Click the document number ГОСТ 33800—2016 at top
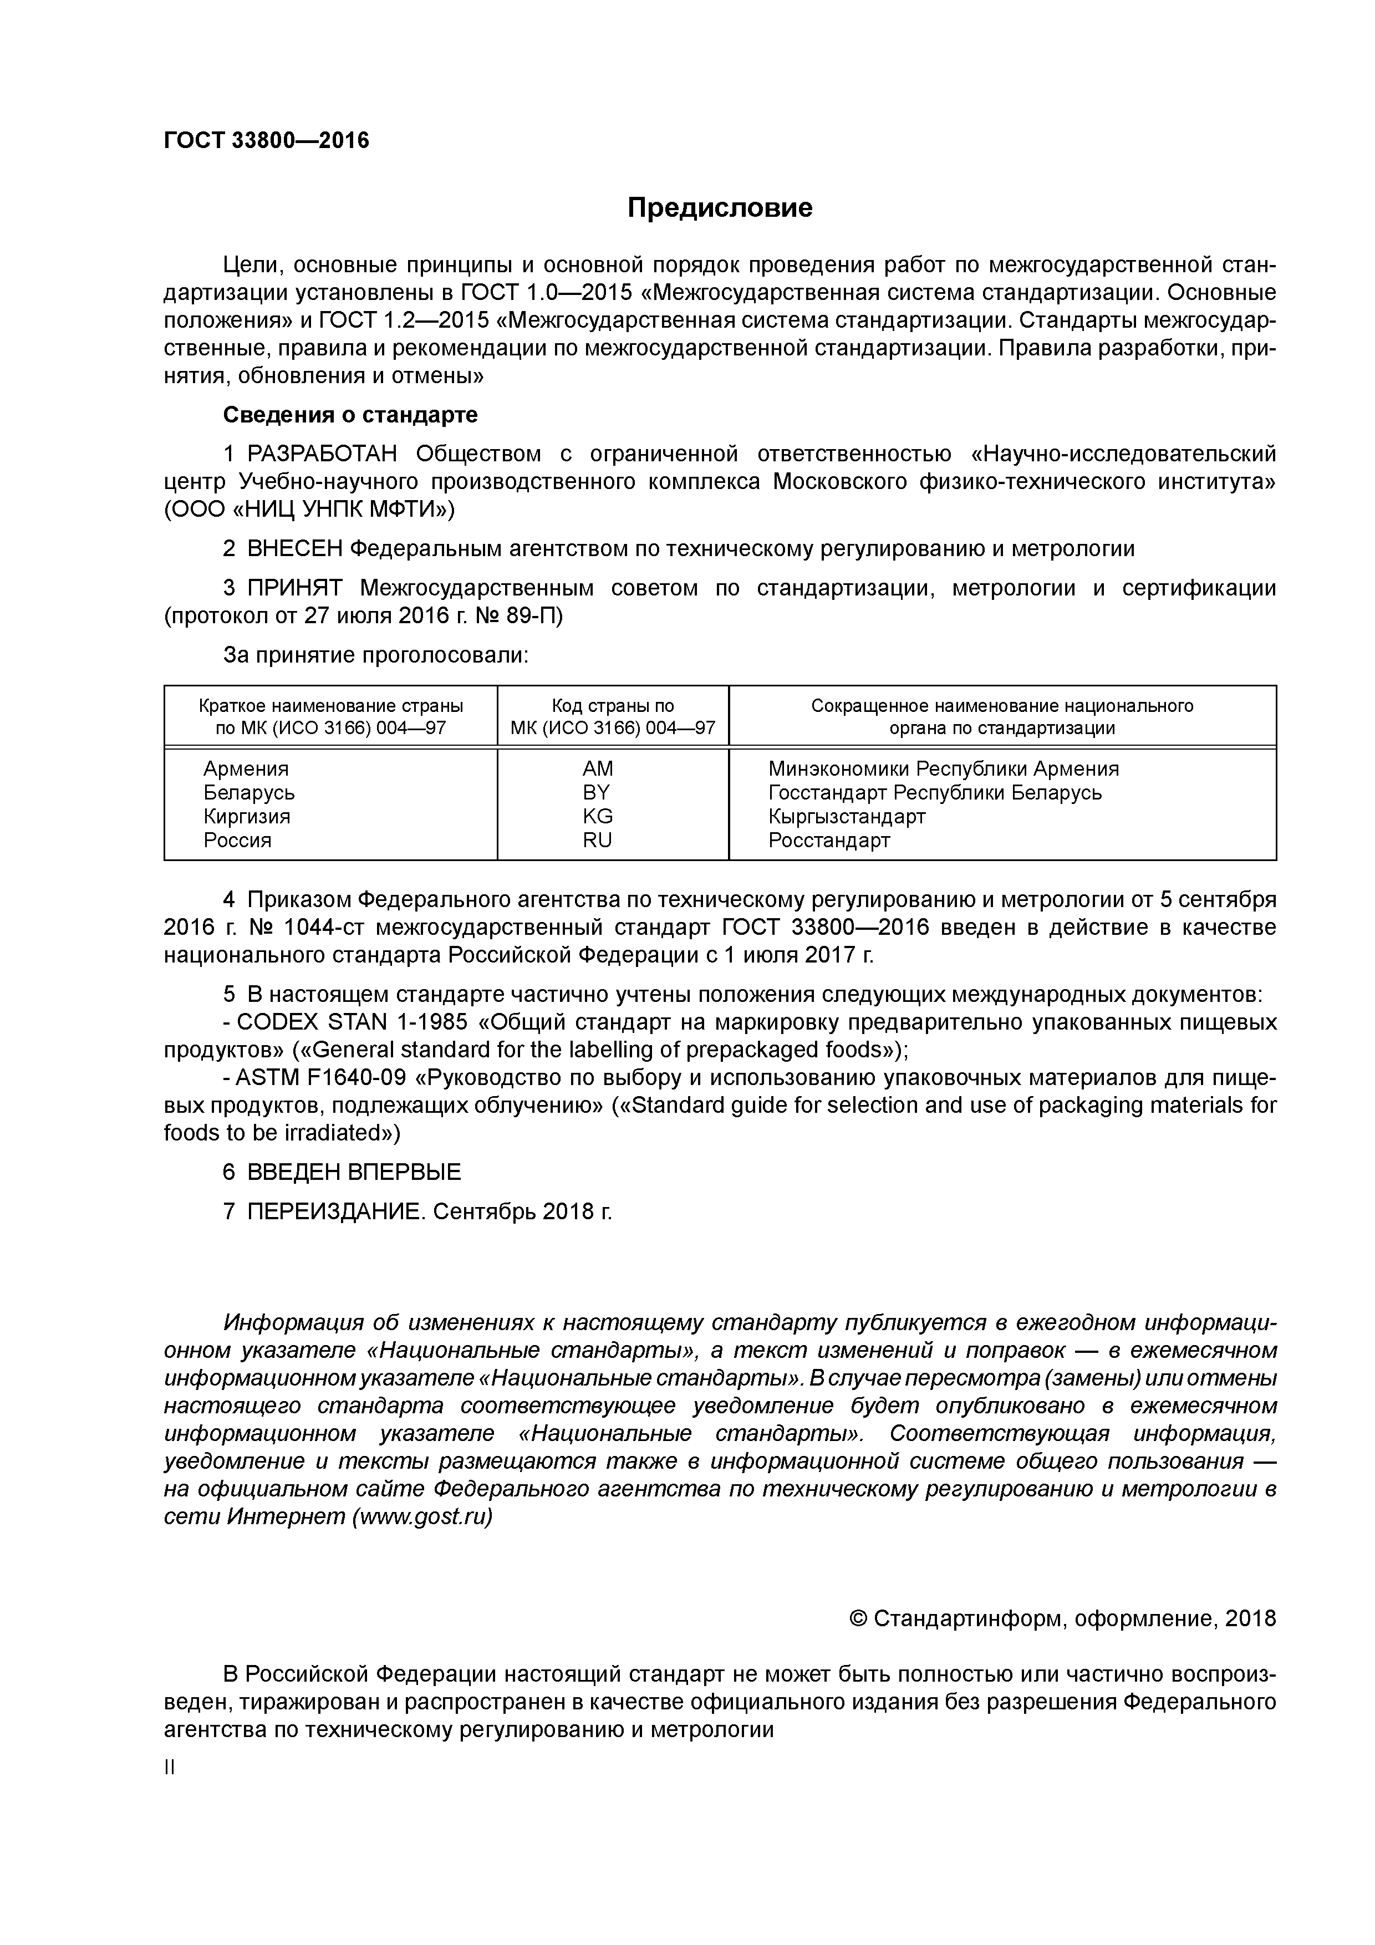267,141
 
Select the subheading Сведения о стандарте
350,415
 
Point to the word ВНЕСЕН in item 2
295,549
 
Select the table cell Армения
246,768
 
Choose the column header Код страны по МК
613,717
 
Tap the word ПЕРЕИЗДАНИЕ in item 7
335,1211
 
